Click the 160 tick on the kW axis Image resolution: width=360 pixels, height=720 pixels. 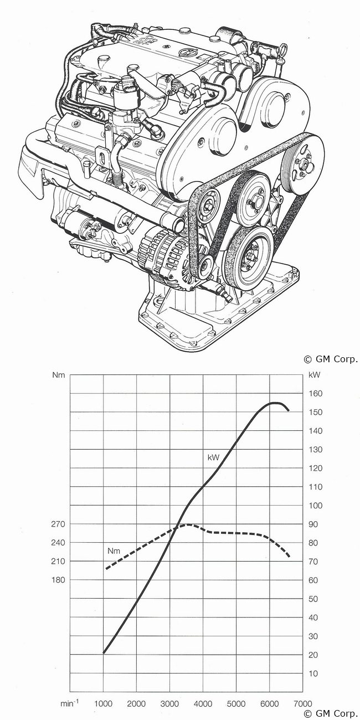point(315,393)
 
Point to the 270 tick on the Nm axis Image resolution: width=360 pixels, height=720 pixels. point(58,524)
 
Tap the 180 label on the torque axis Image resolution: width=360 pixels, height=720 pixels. point(58,580)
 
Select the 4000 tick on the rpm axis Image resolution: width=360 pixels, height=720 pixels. point(203,703)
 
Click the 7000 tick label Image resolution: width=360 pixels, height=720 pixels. point(302,703)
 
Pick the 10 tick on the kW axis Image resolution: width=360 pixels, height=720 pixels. point(313,673)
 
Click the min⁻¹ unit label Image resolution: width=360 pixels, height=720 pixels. point(69,703)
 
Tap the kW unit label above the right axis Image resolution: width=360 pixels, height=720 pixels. point(314,375)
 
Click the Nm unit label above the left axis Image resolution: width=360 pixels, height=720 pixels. point(59,375)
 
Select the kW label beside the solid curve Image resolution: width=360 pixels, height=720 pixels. point(213,457)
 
